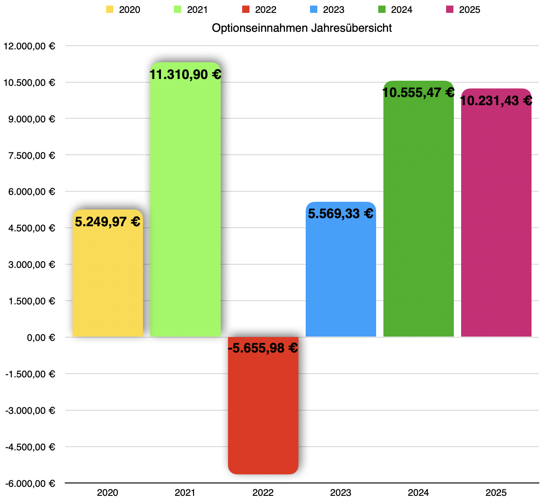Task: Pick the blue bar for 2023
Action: pos(340,279)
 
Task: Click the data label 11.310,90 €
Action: pos(185,75)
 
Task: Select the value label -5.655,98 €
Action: pos(263,348)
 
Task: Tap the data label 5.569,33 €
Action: pos(340,213)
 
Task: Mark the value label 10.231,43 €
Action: pos(496,101)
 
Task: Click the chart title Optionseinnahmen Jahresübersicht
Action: pos(302,28)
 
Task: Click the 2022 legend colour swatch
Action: pos(246,9)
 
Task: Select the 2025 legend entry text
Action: pos(469,9)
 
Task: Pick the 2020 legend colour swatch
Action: pos(110,9)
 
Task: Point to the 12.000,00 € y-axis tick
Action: pos(29,46)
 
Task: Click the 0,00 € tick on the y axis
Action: pos(41,337)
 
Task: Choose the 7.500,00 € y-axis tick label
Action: pos(32,155)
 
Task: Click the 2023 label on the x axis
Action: pos(340,493)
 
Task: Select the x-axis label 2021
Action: pos(185,493)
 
